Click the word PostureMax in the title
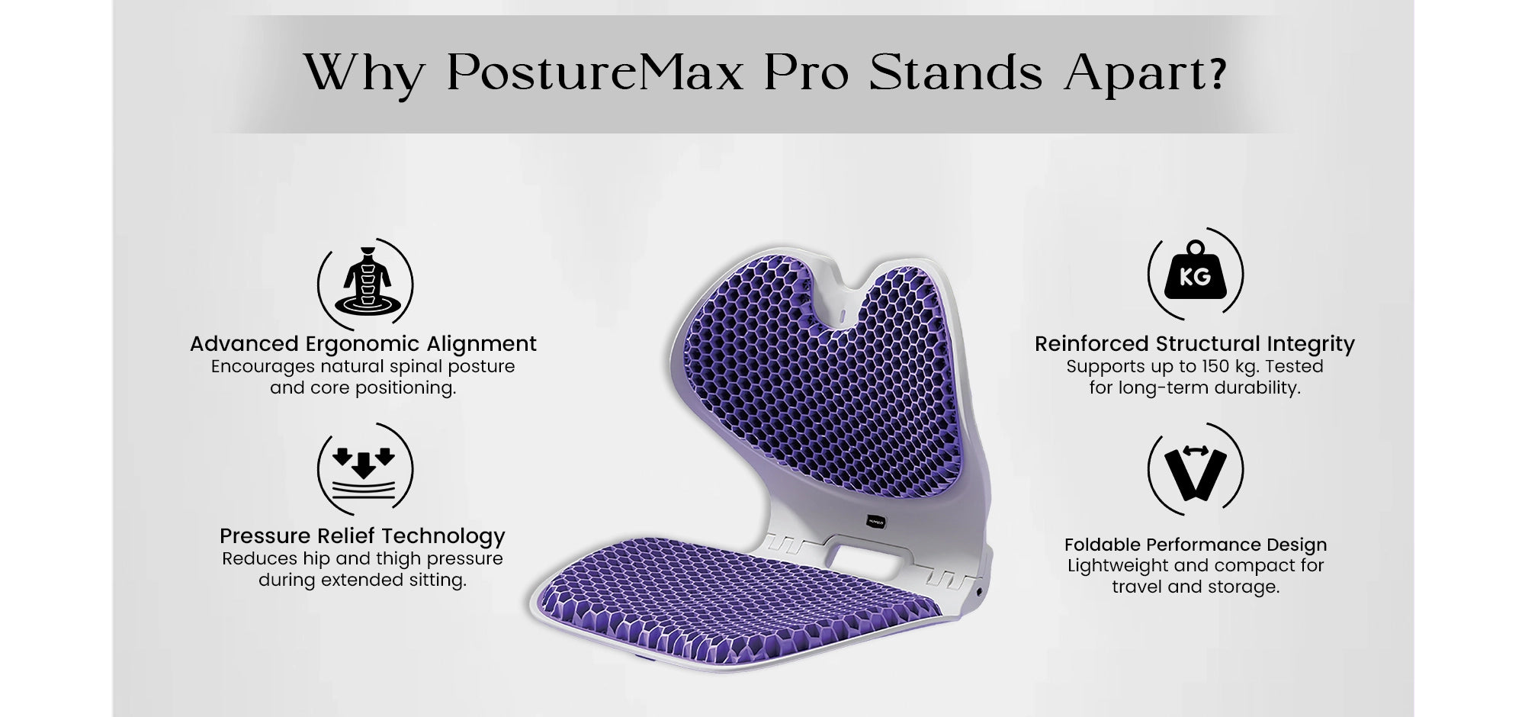coord(594,74)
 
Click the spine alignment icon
coord(365,283)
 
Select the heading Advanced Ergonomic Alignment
coord(363,344)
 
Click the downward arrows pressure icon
coord(365,468)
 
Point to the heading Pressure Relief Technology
coord(362,536)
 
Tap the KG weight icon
coord(1195,273)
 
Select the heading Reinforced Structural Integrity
coord(1195,344)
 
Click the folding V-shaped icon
coord(1195,470)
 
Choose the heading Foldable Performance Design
coord(1196,545)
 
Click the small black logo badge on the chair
coord(875,522)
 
